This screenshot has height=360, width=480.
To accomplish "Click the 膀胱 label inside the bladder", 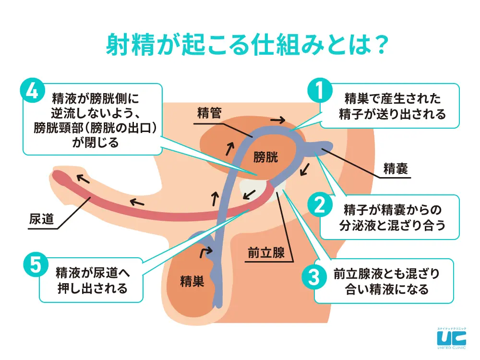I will click(x=265, y=156).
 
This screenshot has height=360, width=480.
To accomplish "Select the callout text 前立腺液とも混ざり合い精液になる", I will click(x=386, y=281).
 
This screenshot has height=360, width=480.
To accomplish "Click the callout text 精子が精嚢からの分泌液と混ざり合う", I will click(x=392, y=216).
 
